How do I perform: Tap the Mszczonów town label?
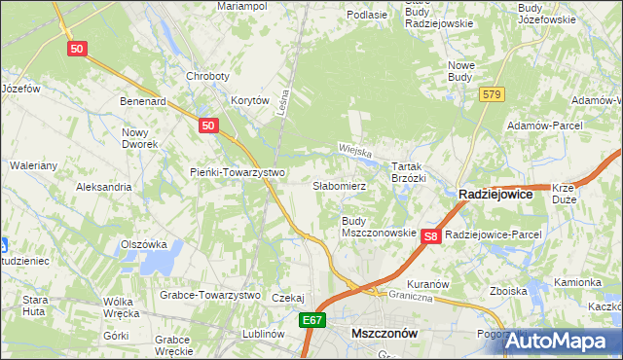384,333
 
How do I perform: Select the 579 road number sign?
491,94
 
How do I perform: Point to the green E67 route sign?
311,320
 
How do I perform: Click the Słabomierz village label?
339,185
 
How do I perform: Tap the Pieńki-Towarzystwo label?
237,172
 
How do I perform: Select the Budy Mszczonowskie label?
379,228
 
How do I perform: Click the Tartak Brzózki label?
409,172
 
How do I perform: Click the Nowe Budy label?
459,71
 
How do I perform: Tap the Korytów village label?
248,100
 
